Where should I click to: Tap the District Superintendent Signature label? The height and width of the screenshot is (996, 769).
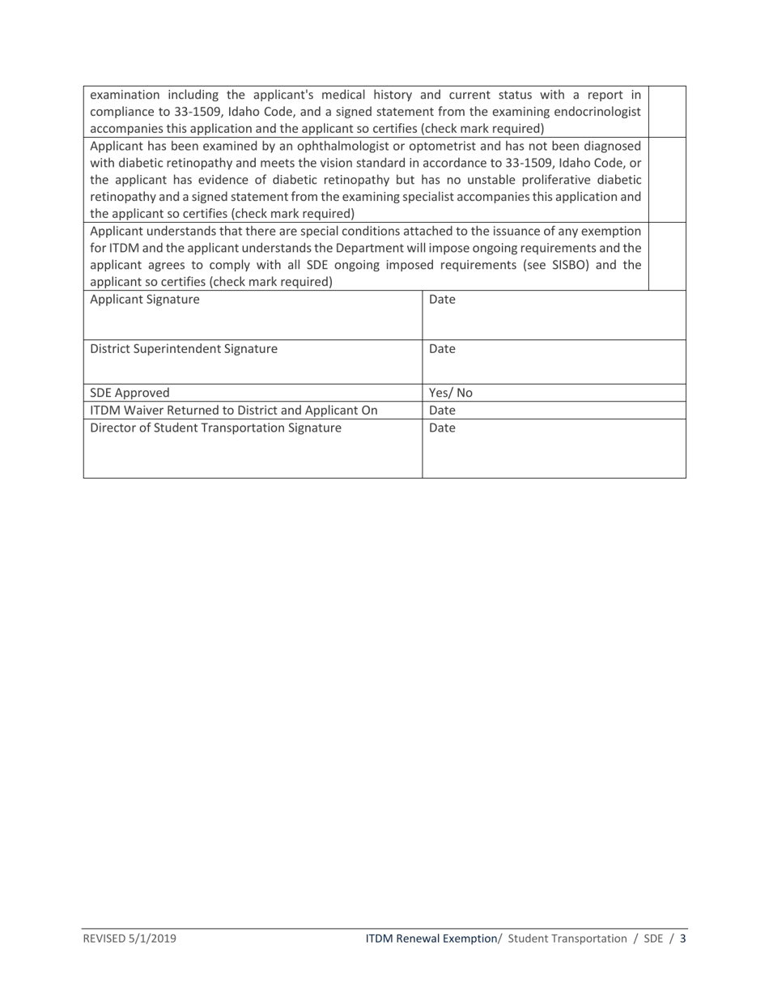click(x=183, y=350)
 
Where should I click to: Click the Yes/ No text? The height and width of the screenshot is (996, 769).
click(x=450, y=394)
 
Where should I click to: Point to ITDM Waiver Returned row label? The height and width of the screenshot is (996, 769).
click(x=233, y=411)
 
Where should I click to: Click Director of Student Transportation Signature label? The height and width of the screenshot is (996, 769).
click(x=215, y=428)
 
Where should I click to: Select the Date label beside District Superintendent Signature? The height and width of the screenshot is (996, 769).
click(x=442, y=350)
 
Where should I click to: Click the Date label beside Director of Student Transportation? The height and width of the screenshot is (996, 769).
click(x=442, y=428)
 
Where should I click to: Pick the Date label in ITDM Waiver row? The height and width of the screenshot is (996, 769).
click(x=442, y=411)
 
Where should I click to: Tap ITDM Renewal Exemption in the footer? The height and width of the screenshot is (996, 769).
click(x=431, y=939)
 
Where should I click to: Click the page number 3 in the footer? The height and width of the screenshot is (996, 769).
click(x=683, y=939)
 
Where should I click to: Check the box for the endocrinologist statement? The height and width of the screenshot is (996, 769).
click(x=668, y=112)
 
